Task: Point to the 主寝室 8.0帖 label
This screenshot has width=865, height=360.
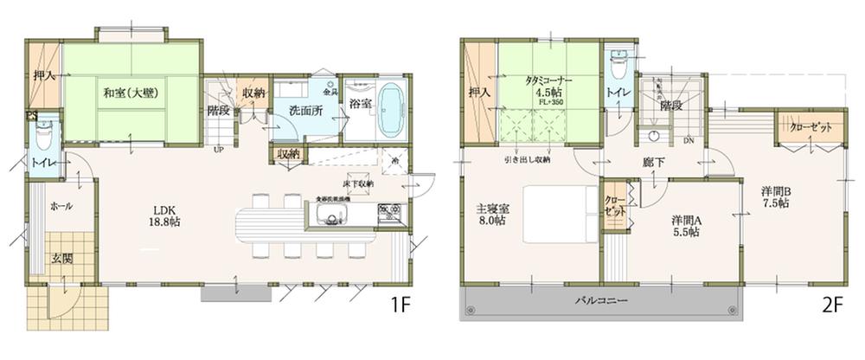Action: pyautogui.click(x=496, y=214)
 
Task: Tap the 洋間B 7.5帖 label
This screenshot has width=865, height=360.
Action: pyautogui.click(x=776, y=197)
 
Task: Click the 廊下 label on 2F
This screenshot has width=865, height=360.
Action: pyautogui.click(x=654, y=163)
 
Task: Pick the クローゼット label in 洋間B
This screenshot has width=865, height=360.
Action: pyautogui.click(x=811, y=127)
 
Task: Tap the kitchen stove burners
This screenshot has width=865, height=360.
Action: pyautogui.click(x=387, y=211)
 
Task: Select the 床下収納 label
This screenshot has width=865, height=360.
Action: pyautogui.click(x=357, y=183)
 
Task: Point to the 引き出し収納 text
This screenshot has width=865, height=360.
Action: pyautogui.click(x=529, y=160)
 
